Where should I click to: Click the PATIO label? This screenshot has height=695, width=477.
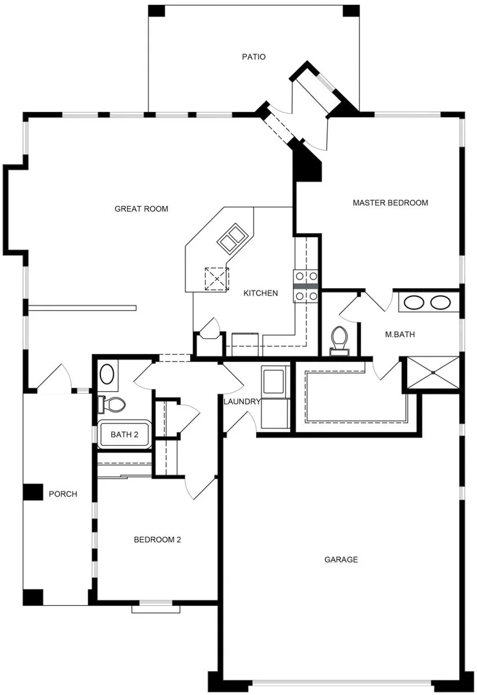[x=253, y=57]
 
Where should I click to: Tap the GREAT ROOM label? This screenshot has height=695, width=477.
[x=141, y=209]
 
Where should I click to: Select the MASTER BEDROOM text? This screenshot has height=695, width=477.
[x=390, y=203]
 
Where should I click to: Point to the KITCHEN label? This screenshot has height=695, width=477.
[x=260, y=293]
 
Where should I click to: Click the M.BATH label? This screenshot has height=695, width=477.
[x=400, y=334]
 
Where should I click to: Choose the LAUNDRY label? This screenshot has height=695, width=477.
[x=242, y=401]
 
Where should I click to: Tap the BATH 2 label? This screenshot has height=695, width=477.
[x=124, y=434]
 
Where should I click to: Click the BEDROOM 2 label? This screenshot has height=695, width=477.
[x=157, y=540]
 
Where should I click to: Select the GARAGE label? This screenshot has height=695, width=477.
[x=341, y=560]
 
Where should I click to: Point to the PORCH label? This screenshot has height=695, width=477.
[x=63, y=493]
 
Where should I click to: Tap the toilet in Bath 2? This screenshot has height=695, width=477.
[x=111, y=405]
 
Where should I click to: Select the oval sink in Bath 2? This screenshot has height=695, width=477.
[x=107, y=374]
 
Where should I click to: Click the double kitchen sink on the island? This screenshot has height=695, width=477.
[x=233, y=239]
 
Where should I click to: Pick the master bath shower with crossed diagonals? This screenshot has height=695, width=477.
[x=433, y=372]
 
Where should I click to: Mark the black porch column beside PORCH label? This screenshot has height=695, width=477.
[x=33, y=492]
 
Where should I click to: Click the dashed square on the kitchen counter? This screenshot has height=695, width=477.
[x=217, y=279]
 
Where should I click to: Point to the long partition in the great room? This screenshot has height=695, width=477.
[x=82, y=308]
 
